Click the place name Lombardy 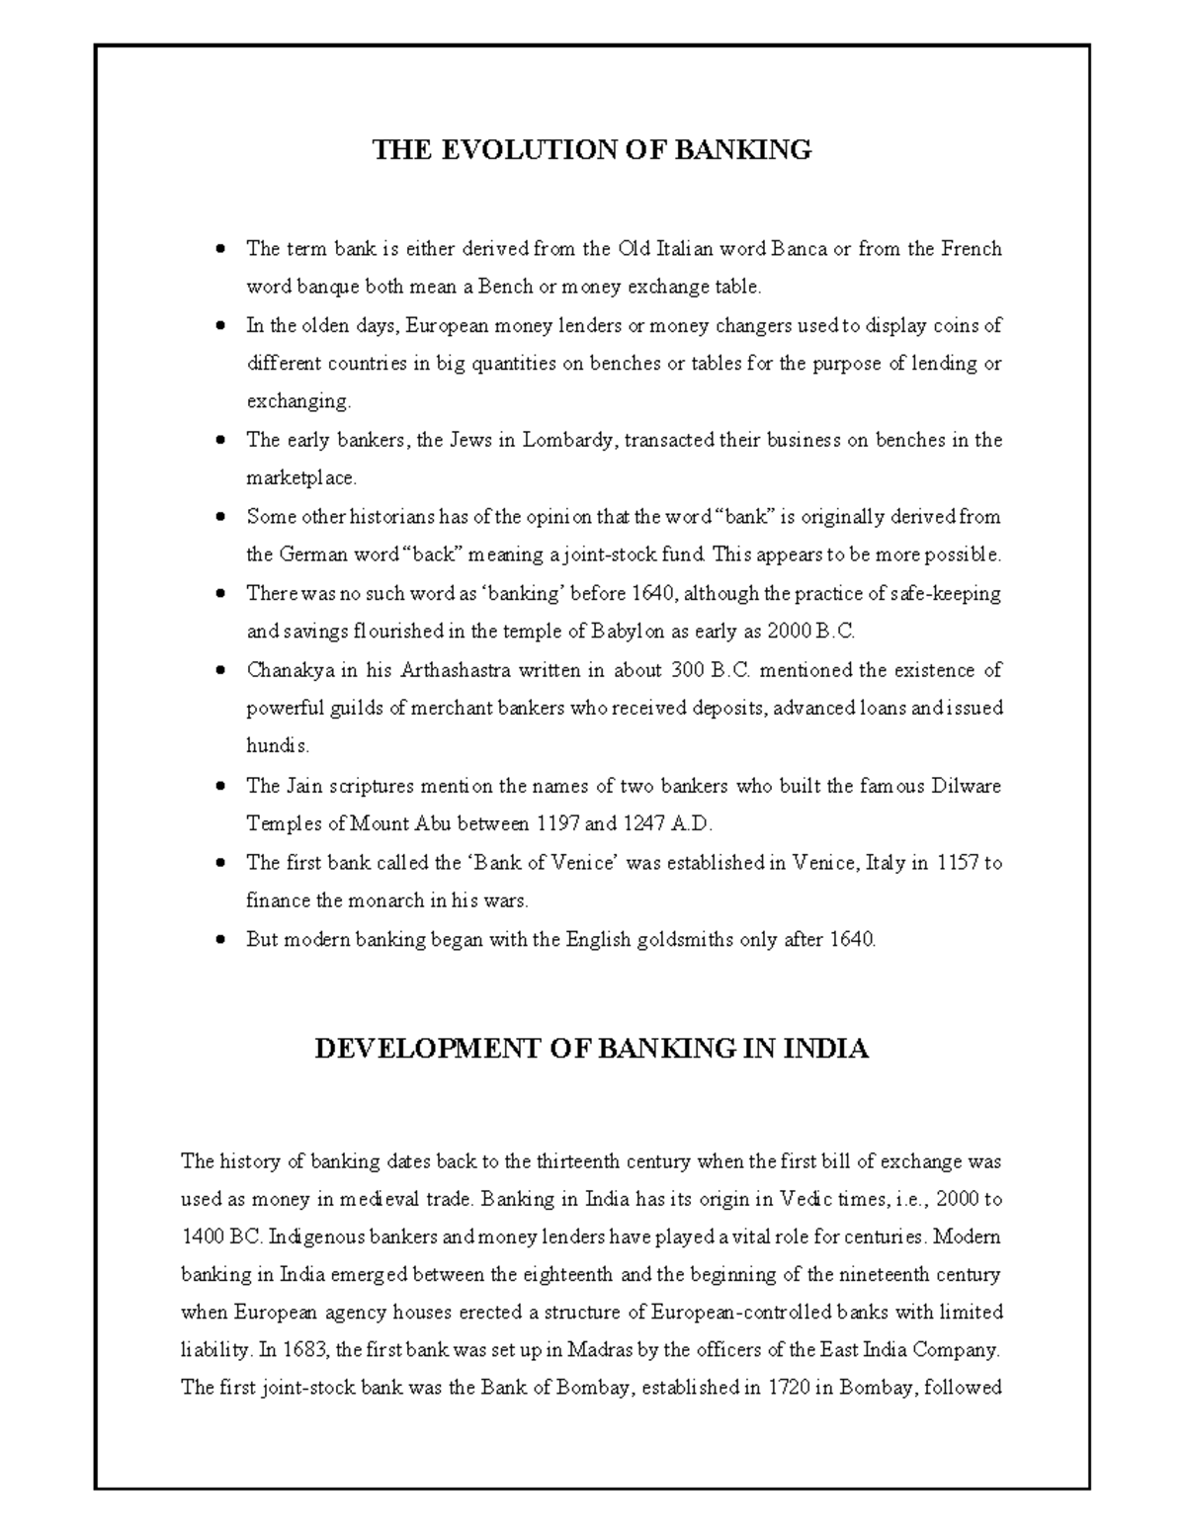[x=567, y=440]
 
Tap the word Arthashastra [x=456, y=670]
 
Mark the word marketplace [x=299, y=478]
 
